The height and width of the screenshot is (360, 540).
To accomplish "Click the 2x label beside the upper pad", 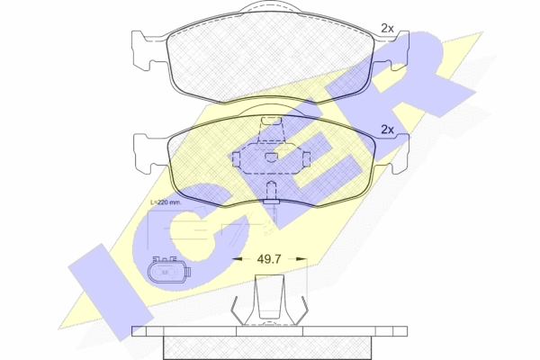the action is pos(387,28).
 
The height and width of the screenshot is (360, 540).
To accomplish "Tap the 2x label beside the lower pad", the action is pos(387,130).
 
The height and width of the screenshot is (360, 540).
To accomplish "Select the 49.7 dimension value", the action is pos(269,258).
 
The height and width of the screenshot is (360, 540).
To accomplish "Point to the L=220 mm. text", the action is pos(166,202).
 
